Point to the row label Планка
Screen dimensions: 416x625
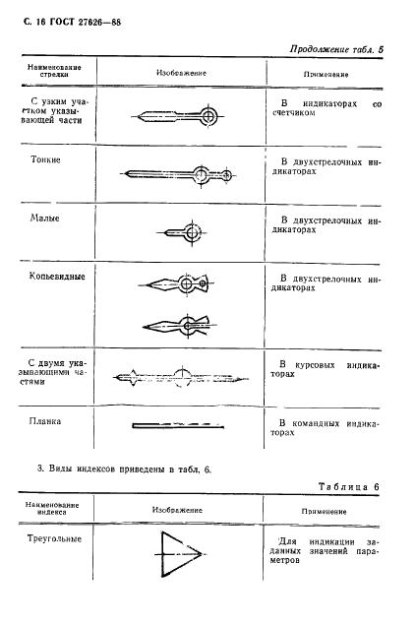pyautogui.click(x=46, y=421)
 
